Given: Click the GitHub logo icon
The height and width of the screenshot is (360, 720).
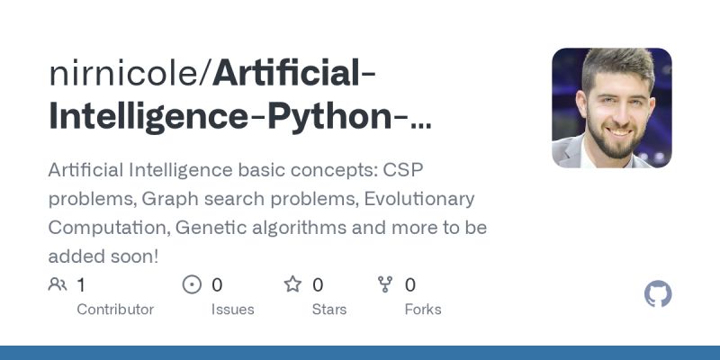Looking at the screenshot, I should (x=659, y=294).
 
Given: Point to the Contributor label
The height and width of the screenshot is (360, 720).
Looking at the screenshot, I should (x=115, y=309).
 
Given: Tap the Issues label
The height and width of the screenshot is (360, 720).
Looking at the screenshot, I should (x=231, y=309).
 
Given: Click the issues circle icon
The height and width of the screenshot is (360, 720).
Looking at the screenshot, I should (x=192, y=285).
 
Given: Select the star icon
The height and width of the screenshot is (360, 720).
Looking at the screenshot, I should (x=292, y=285).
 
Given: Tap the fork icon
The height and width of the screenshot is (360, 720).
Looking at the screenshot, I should (x=386, y=285).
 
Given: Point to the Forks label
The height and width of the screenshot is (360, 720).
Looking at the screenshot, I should (x=423, y=309).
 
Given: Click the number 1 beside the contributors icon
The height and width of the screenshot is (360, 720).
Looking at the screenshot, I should (x=81, y=285).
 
